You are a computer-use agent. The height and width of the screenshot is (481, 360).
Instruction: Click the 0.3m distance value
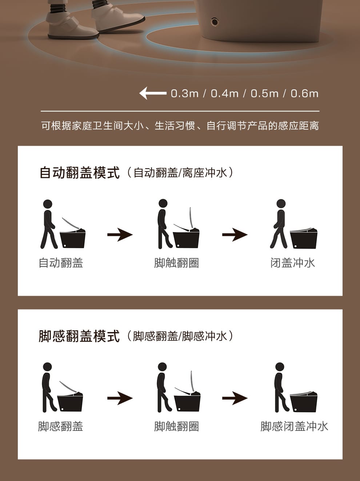(184, 93)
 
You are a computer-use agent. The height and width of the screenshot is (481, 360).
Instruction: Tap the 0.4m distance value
(224, 93)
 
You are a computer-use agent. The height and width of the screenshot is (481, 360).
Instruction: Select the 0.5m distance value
(264, 93)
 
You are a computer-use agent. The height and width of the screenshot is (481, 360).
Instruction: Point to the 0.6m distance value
(304, 93)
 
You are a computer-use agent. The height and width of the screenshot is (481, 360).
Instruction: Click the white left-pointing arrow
(153, 93)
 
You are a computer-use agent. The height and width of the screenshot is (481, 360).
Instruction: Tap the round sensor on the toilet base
(214, 22)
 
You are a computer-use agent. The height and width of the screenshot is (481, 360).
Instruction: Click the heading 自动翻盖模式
(79, 173)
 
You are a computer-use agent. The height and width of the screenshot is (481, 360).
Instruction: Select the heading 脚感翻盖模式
(79, 336)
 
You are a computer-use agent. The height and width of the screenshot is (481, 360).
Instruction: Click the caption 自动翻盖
(61, 263)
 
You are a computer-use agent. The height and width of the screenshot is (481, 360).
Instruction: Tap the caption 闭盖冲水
(293, 263)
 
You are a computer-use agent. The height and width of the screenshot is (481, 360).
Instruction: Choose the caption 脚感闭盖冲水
(294, 426)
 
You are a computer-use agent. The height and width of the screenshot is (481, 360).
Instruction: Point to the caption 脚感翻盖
(60, 426)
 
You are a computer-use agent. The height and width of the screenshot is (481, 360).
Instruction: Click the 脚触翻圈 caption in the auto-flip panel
(176, 263)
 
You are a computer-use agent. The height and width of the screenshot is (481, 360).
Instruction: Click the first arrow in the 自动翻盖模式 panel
(120, 235)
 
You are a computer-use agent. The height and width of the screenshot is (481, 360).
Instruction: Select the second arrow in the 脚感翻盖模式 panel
(235, 398)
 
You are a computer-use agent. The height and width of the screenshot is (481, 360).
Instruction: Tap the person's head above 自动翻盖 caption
(48, 204)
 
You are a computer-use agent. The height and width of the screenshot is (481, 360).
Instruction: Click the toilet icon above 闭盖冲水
(304, 238)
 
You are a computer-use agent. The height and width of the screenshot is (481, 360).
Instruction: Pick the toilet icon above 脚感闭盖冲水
(304, 401)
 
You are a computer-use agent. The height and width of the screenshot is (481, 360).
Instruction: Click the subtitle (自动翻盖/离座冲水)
(180, 173)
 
